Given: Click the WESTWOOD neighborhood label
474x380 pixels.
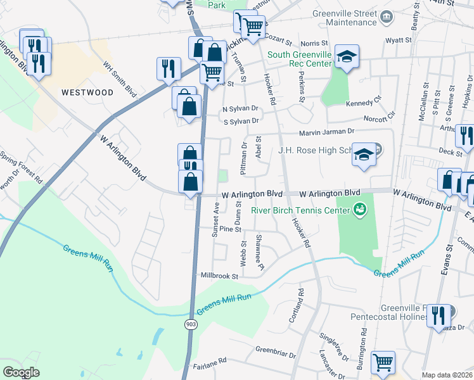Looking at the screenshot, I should coord(87,92).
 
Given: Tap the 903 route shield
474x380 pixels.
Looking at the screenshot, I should coord(190,324).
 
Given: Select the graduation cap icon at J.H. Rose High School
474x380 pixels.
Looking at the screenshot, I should coord(364,156).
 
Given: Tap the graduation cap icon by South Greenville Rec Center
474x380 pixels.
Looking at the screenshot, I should coord(347,57).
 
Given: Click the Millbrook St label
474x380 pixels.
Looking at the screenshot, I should coord(219,276).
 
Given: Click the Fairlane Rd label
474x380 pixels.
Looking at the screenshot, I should coord(210,361).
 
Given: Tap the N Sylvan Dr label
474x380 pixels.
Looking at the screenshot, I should coord(240,108).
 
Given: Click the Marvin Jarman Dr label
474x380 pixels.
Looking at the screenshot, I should coord(327,131).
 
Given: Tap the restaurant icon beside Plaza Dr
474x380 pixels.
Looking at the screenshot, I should coord(439,315).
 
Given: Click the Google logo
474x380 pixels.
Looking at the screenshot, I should coord(22,372).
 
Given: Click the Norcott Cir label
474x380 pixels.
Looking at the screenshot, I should coord(380,117).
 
